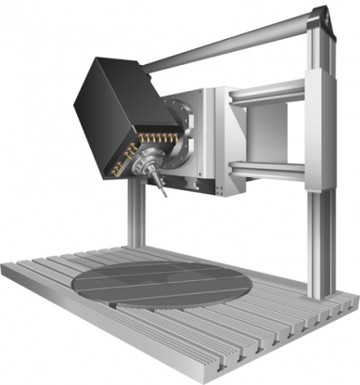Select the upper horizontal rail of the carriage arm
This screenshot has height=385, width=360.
pyautogui.click(x=269, y=92)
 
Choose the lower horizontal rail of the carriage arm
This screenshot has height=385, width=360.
pyautogui.click(x=269, y=168)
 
